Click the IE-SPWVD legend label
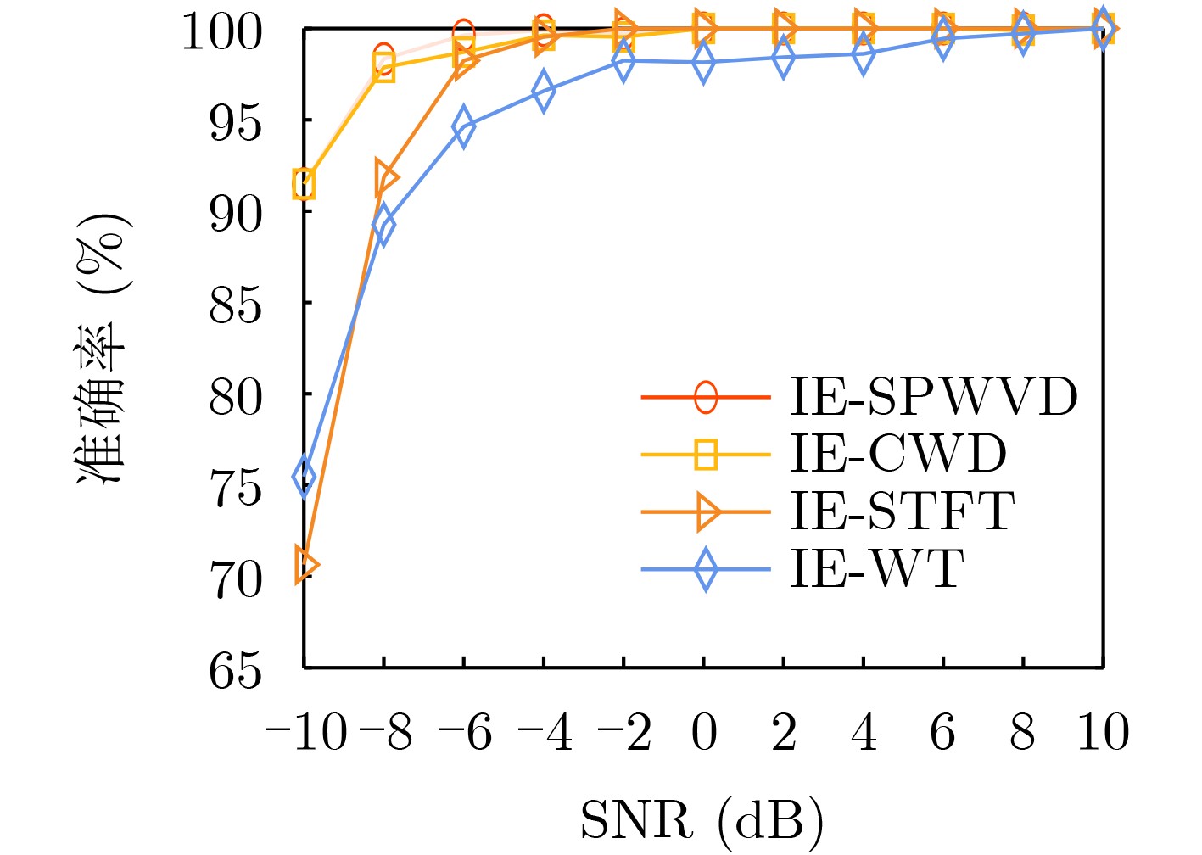(x=934, y=396)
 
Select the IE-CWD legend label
(x=898, y=454)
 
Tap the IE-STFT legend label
(x=903, y=511)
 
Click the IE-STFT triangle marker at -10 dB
(x=305, y=565)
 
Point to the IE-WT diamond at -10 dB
(x=304, y=477)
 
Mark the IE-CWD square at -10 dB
(x=304, y=183)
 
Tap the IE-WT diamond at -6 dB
(x=463, y=127)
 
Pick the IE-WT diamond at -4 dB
(x=544, y=91)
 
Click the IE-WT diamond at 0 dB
(x=703, y=63)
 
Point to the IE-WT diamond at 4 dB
(x=863, y=53)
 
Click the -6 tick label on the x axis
(x=466, y=733)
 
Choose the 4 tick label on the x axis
(x=863, y=733)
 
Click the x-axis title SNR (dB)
(x=702, y=821)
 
